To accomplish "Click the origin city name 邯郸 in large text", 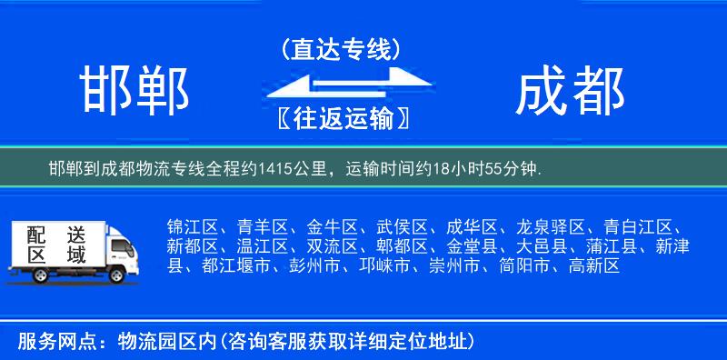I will pyautogui.click(x=134, y=92).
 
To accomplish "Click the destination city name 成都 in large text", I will pyautogui.click(x=570, y=92).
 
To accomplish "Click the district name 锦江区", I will pyautogui.click(x=192, y=226).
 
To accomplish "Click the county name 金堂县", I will pyautogui.click(x=472, y=246).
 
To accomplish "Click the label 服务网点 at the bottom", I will pyautogui.click(x=45, y=342).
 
